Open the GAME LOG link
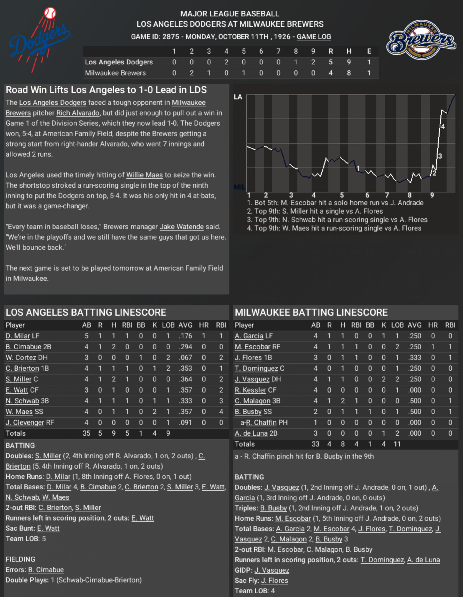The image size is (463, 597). coord(314,37)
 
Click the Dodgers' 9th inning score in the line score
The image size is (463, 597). coord(313,62)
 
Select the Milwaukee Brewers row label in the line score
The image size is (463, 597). coord(115,73)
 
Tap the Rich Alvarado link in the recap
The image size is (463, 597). coord(78,113)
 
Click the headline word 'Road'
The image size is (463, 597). coord(17,90)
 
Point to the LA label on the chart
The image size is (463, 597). coord(238,97)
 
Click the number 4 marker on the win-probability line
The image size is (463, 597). coord(443,127)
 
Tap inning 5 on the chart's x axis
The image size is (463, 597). coord(342,195)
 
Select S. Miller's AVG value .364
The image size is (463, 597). coord(185,379)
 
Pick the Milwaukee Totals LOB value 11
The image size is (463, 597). coord(397,444)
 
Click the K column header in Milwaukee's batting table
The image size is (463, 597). coord(384,325)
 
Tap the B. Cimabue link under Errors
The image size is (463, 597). coord(46,570)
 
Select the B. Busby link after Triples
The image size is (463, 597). coord(273,508)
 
